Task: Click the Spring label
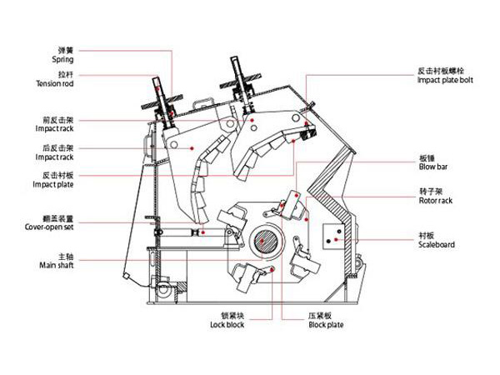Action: [62, 60]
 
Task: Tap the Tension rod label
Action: [55, 84]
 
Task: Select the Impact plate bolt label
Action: [445, 80]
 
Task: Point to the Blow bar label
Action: [433, 167]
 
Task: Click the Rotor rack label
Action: [436, 201]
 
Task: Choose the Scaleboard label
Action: [437, 245]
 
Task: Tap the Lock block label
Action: [227, 325]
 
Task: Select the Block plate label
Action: [326, 325]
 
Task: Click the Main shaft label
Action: [57, 265]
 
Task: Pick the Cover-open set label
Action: [49, 227]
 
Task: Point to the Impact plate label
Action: [53, 185]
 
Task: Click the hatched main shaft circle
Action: [266, 242]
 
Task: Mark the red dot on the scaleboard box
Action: [336, 239]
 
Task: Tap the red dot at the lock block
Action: [272, 270]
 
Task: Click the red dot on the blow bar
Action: [296, 195]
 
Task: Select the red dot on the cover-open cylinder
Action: [203, 232]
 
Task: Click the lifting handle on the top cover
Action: [202, 103]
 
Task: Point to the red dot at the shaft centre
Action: [261, 241]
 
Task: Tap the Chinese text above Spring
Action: [66, 50]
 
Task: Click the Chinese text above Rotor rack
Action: [431, 192]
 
